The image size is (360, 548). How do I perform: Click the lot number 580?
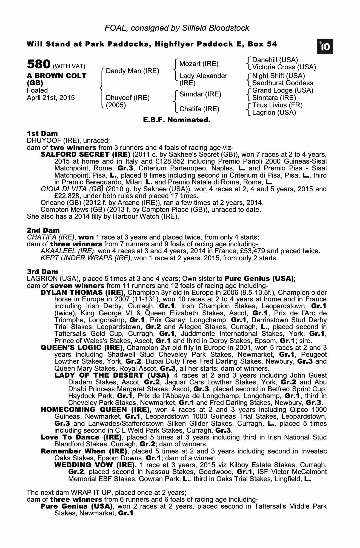pos(38,64)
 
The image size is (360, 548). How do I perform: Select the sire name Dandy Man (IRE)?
pos(132,71)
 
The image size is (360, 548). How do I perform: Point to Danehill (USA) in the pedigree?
pos(275,60)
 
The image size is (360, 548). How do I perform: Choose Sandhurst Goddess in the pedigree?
pos(282,83)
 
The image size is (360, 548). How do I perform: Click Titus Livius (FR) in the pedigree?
pos(277,105)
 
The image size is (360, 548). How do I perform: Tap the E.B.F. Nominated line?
pos(177,120)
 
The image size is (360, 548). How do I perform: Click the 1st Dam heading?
pos(42,134)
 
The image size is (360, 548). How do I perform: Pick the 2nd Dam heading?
pos(43,230)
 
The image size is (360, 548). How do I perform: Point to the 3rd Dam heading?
pos(42,272)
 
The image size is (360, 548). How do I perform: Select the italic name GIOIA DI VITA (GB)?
pos(72,189)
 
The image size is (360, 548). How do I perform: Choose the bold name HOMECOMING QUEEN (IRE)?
pos(95,410)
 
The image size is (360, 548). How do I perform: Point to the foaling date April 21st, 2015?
pos(51,98)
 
